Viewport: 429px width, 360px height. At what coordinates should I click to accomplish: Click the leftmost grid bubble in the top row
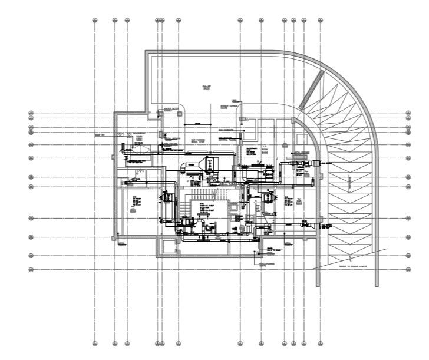pos(95,21)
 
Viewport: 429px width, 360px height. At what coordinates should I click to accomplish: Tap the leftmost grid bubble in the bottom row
pos(95,342)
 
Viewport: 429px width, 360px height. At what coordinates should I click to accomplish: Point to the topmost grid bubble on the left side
pos(31,113)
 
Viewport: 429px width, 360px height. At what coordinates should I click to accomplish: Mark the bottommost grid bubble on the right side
pos(408,270)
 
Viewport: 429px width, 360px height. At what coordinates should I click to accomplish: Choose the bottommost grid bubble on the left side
pos(31,270)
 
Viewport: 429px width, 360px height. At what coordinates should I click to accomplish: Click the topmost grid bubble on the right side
pos(408,113)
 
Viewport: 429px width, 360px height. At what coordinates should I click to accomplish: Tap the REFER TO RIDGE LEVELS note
pos(352,266)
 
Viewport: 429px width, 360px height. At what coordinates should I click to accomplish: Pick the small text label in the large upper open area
pos(206,87)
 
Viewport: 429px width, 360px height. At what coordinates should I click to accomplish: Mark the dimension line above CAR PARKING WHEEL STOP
pos(197,124)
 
